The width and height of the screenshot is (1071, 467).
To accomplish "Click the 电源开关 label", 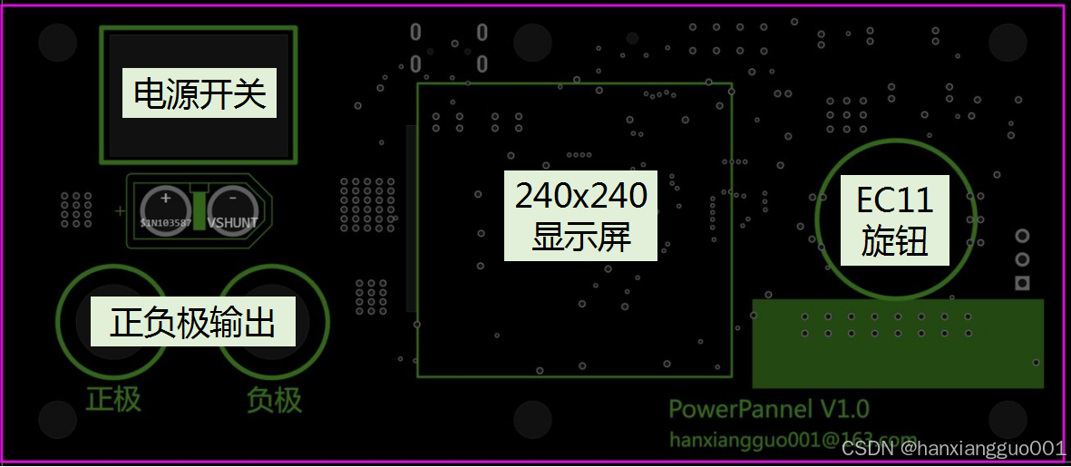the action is pyautogui.click(x=200, y=92).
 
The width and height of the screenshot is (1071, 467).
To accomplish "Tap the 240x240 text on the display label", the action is pyautogui.click(x=581, y=195).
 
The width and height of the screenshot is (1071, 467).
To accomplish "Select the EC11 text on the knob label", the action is pyautogui.click(x=894, y=199).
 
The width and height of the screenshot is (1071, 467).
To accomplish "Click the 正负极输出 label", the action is pyautogui.click(x=192, y=322).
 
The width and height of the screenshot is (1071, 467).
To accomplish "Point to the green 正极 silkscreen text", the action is pyautogui.click(x=113, y=399).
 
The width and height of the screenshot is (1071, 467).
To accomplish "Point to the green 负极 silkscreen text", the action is pyautogui.click(x=274, y=399).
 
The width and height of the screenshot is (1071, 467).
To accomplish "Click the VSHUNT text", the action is pyautogui.click(x=233, y=222).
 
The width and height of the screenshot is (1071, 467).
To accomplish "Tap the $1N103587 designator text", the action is pyautogui.click(x=165, y=222).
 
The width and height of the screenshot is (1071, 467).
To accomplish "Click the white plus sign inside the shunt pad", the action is pyautogui.click(x=165, y=198).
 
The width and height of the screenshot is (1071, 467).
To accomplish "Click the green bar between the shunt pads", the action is pyautogui.click(x=199, y=210).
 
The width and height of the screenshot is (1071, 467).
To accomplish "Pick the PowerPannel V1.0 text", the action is pyautogui.click(x=769, y=408).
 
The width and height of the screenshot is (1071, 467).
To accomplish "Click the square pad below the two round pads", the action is pyautogui.click(x=1022, y=284).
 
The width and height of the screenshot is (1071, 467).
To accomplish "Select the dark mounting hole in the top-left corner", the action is pyautogui.click(x=58, y=43).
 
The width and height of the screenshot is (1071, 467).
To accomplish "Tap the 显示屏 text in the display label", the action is pyautogui.click(x=581, y=238).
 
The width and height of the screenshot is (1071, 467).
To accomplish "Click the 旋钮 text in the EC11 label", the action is pyautogui.click(x=894, y=242).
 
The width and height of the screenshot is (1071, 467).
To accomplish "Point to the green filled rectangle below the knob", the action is pyautogui.click(x=898, y=343).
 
